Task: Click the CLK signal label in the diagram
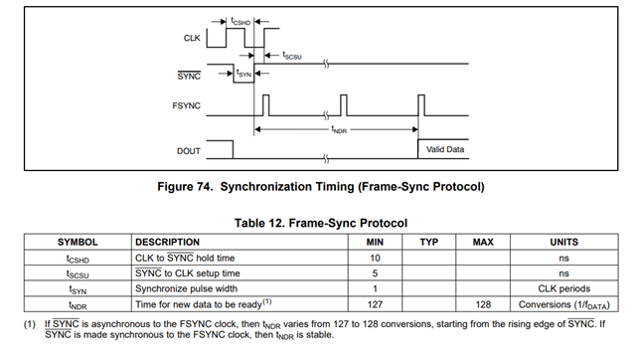tap(192, 38)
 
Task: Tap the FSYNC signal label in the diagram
tap(186, 106)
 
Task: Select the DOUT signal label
tap(189, 151)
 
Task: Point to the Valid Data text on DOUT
tap(445, 149)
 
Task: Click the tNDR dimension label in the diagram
tap(339, 130)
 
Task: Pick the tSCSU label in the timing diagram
tap(292, 56)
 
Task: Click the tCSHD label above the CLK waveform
tap(240, 21)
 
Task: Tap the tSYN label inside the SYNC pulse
tap(243, 74)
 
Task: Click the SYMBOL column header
tap(78, 243)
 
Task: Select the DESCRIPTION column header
tap(167, 243)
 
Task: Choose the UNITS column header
tap(563, 243)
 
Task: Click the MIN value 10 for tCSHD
tap(375, 259)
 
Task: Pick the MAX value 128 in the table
tap(483, 304)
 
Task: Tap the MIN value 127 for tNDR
tap(375, 304)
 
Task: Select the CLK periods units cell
tap(563, 288)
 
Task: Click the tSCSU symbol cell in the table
tap(78, 274)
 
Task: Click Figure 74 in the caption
tap(185, 187)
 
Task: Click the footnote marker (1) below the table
tap(30, 324)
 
